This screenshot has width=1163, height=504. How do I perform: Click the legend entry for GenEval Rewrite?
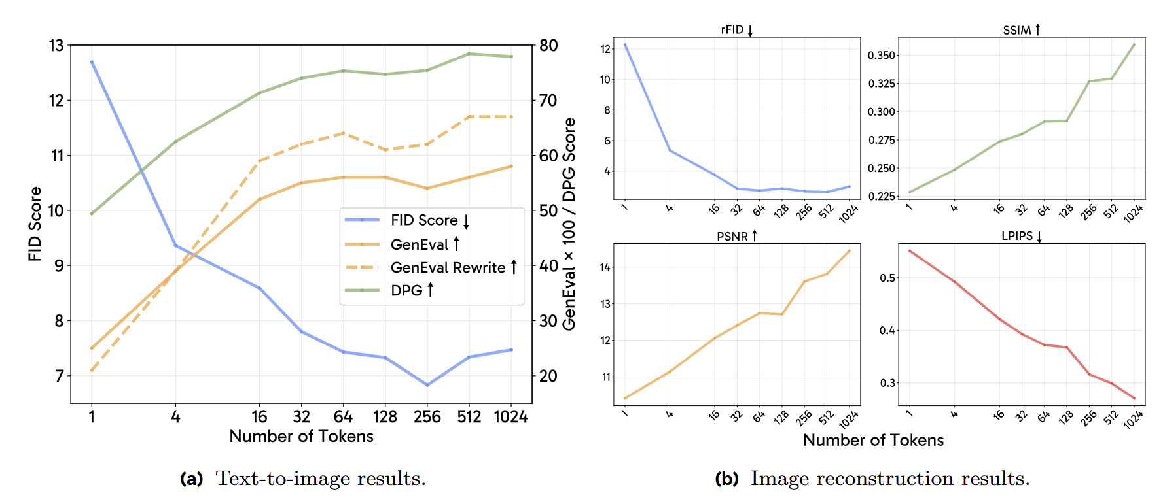[448, 267]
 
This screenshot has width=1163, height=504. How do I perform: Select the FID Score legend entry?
[424, 220]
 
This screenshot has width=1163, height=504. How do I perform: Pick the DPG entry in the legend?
[406, 290]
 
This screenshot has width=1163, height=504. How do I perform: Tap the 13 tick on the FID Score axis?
[56, 46]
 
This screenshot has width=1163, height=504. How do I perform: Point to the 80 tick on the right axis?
[548, 46]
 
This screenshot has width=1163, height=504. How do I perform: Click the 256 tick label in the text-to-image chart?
[427, 417]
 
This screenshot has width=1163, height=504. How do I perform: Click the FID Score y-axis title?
[35, 224]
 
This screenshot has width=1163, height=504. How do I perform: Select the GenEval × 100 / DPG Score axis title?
[569, 224]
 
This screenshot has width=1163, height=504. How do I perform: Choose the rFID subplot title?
[733, 30]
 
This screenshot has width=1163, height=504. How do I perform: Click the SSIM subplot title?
[1017, 30]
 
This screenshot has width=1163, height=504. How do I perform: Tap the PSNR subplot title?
[732, 236]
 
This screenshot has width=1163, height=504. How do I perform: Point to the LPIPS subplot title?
[1017, 236]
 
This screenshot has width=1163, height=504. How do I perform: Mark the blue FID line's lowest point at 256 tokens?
[427, 385]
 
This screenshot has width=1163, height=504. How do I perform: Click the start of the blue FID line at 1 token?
[92, 61]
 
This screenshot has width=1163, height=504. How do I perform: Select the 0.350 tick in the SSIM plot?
[881, 56]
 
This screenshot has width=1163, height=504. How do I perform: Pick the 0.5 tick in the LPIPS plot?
[887, 278]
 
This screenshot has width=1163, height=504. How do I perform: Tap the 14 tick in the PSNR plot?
[605, 267]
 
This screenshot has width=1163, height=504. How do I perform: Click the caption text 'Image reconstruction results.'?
[890, 479]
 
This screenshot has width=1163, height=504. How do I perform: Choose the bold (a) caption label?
[192, 479]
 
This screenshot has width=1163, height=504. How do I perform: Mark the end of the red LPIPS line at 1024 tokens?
[1134, 399]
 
